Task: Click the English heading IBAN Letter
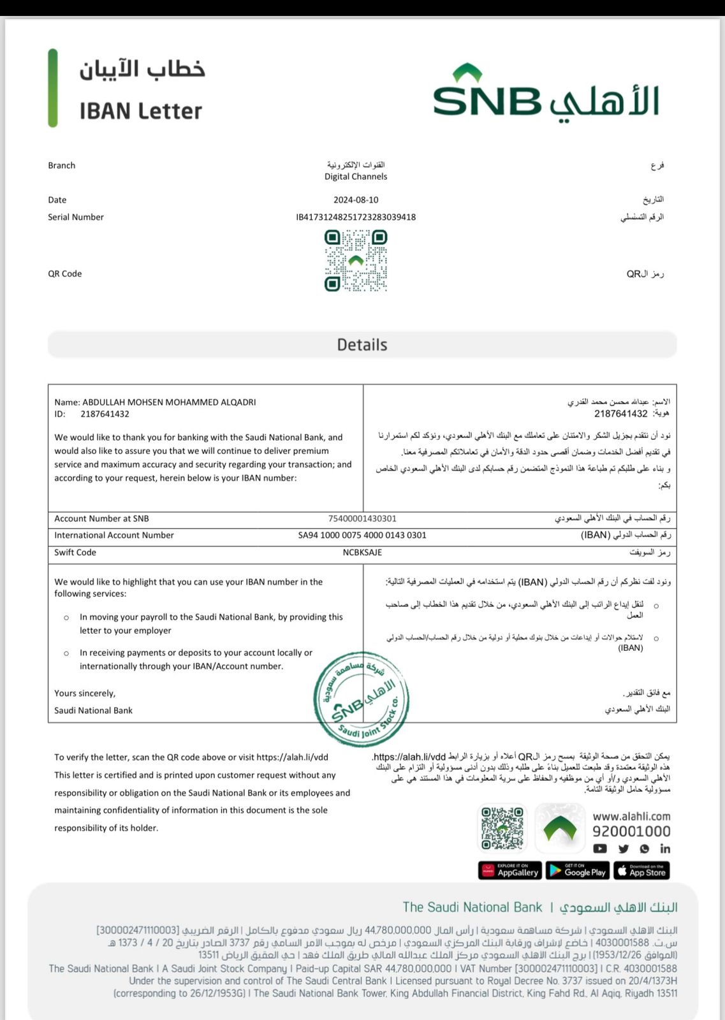[140, 111]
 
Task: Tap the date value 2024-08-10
[356, 200]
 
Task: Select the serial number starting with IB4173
[356, 217]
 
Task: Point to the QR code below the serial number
[356, 261]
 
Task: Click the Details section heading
[362, 345]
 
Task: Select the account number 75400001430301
[362, 519]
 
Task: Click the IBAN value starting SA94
[362, 535]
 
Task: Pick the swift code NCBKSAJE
[362, 553]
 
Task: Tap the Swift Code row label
[75, 553]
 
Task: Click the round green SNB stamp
[362, 699]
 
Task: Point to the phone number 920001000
[631, 831]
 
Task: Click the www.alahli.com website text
[631, 816]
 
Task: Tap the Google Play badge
[578, 871]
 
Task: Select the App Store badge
[641, 871]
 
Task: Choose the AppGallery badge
[510, 871]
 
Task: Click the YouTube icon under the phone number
[600, 849]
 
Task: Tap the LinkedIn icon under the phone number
[665, 849]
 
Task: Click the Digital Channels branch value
[356, 177]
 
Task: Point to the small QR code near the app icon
[502, 829]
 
